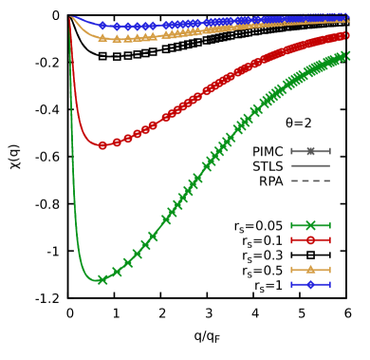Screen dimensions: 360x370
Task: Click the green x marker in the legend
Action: [x=310, y=225]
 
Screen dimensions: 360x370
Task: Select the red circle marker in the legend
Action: [x=310, y=240]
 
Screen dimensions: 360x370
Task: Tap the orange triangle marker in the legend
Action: [x=310, y=270]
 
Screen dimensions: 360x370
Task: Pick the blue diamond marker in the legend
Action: [x=310, y=284]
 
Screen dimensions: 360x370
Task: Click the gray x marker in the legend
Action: [x=310, y=151]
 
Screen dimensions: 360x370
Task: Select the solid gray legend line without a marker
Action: [x=310, y=165]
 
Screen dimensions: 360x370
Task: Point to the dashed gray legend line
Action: [x=310, y=180]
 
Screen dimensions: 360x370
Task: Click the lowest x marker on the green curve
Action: [x=102, y=280]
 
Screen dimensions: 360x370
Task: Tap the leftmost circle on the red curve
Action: [x=102, y=145]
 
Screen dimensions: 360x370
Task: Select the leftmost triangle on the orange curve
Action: [x=102, y=39]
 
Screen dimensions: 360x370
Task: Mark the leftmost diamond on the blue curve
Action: [x=103, y=26]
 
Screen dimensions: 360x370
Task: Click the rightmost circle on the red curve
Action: [x=346, y=35]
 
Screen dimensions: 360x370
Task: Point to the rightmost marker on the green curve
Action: [x=347, y=56]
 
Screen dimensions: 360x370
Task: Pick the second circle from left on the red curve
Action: [x=118, y=142]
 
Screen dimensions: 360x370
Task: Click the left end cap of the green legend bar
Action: [x=291, y=225]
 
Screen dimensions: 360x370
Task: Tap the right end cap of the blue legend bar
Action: [x=330, y=284]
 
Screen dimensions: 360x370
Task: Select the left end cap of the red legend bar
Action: [x=291, y=240]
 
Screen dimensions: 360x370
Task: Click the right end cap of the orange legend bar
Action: [x=330, y=270]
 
